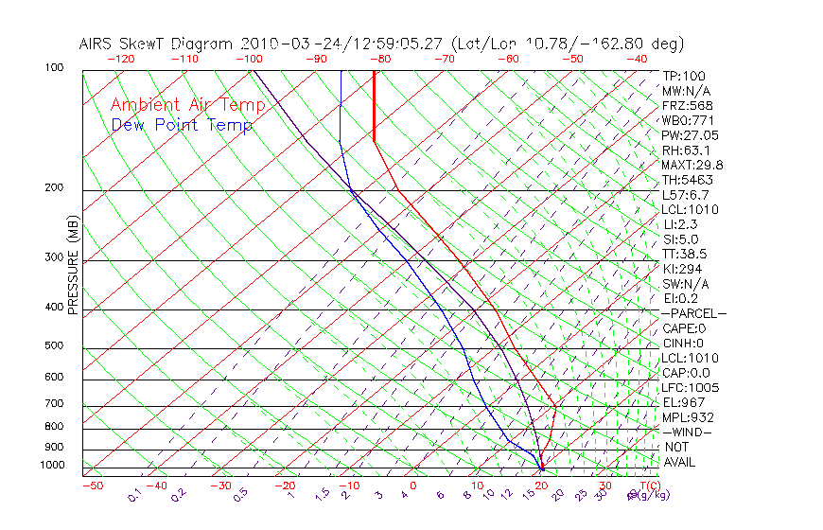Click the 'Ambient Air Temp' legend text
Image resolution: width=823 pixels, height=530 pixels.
pyautogui.click(x=187, y=105)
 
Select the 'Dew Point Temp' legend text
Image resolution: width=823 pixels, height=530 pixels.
pyautogui.click(x=182, y=125)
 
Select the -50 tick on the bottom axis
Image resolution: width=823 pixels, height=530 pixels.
pyautogui.click(x=92, y=486)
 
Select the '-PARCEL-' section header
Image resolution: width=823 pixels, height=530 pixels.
pyautogui.click(x=693, y=313)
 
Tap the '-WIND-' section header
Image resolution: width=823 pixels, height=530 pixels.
pyautogui.click(x=687, y=433)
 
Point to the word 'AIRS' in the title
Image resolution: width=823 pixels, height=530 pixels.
pyautogui.click(x=97, y=44)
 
